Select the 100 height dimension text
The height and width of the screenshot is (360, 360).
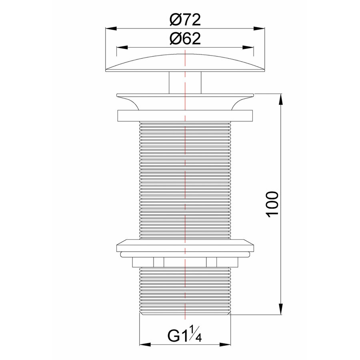[x=272, y=204]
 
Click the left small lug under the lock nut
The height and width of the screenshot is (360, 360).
[x=158, y=262]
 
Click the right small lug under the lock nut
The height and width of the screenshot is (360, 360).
[x=211, y=262]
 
